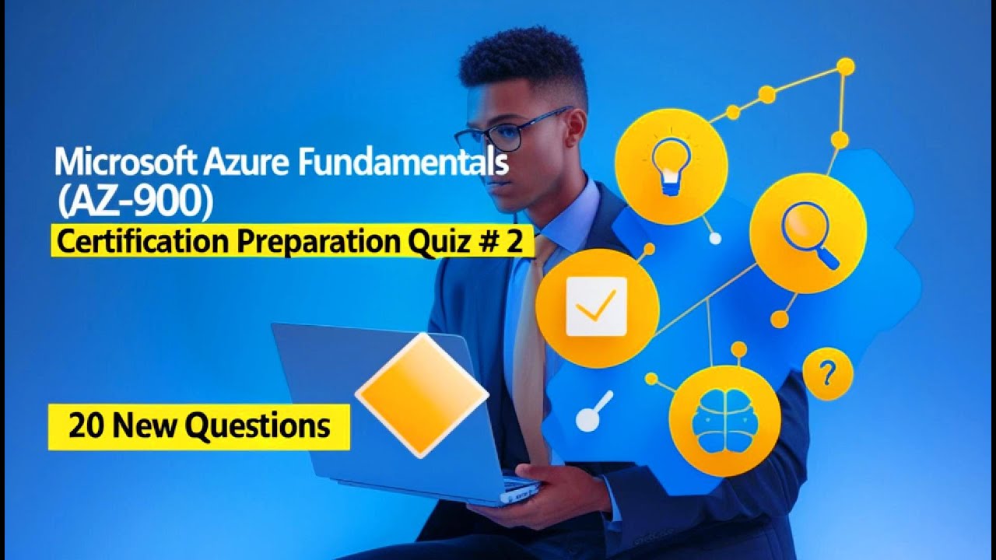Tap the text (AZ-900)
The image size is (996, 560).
[x=134, y=201]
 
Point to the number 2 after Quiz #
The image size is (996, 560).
[x=514, y=243]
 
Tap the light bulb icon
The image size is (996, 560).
[x=670, y=166]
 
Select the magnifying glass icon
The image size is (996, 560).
[x=808, y=232]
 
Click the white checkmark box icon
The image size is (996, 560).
[x=596, y=306]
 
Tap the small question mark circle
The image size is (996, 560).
[x=827, y=374]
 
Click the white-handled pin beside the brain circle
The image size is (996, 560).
[x=594, y=411]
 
